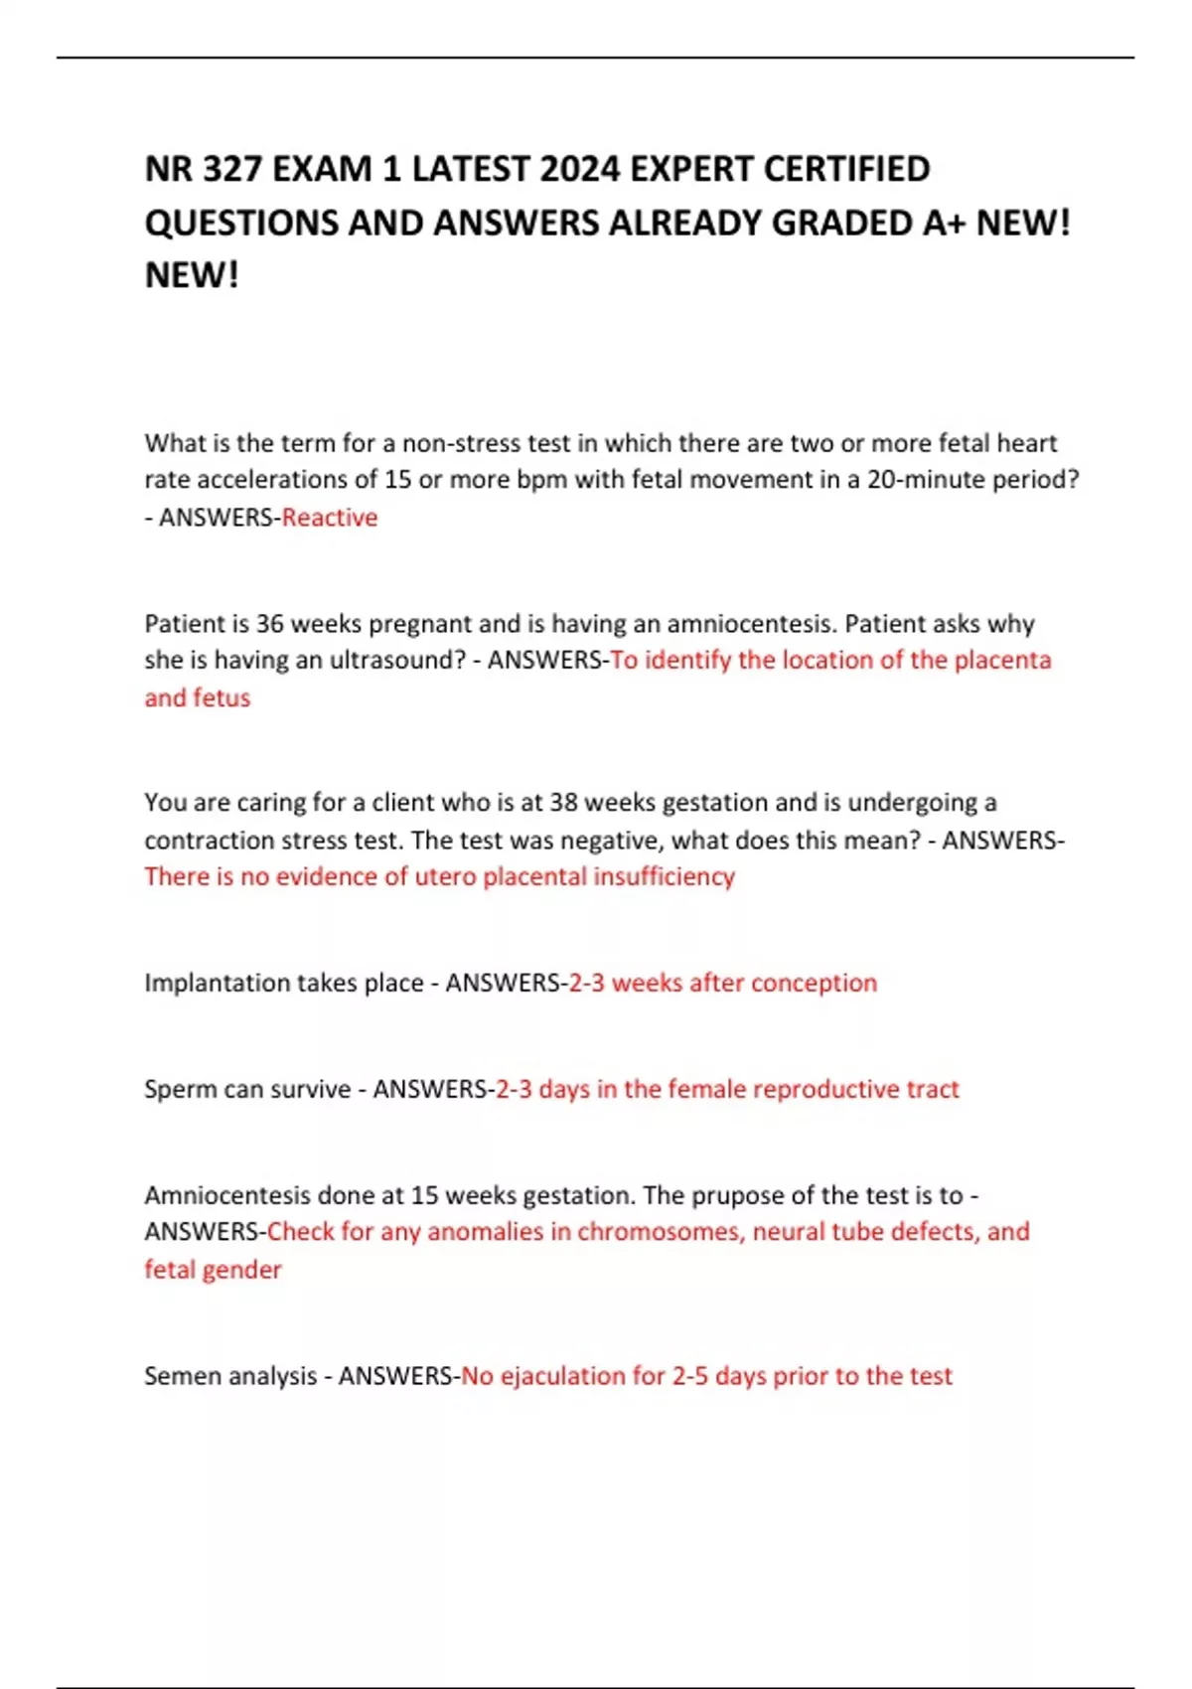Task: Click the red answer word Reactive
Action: pyautogui.click(x=330, y=518)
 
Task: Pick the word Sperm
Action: pyautogui.click(x=180, y=1090)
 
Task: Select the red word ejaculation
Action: pyautogui.click(x=562, y=1376)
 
